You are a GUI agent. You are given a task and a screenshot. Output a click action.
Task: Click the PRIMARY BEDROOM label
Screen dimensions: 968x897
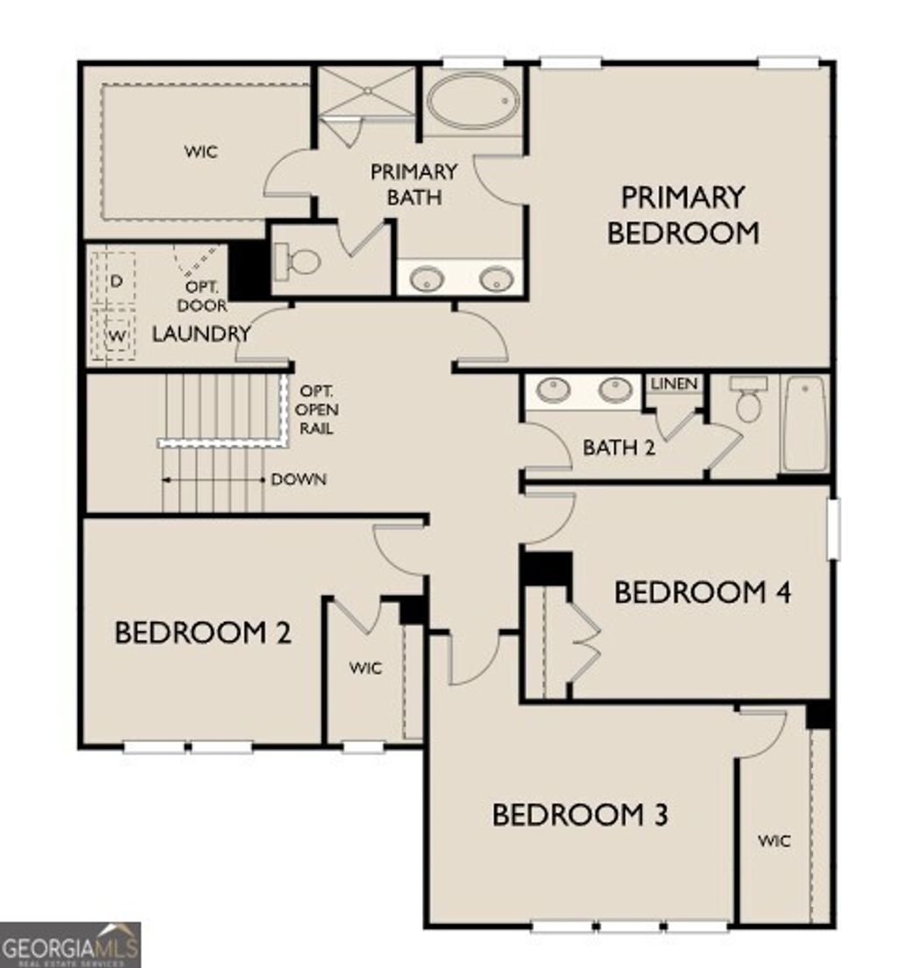[x=682, y=215]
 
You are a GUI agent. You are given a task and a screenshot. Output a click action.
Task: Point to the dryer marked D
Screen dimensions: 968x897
[x=115, y=280]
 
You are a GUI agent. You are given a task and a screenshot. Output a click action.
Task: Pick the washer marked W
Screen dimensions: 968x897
[x=115, y=336]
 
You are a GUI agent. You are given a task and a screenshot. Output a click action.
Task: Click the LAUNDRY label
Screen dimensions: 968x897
[x=201, y=334]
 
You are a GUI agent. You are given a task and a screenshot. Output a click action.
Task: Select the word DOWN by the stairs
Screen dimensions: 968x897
[x=299, y=479]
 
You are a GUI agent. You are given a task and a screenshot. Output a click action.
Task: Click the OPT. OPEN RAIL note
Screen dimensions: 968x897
[x=316, y=409]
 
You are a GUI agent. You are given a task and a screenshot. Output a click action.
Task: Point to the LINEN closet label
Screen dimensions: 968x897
[x=675, y=384]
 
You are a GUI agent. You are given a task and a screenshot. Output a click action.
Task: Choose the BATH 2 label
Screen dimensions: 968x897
[x=619, y=448]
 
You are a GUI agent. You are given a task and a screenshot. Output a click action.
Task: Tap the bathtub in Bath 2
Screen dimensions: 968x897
[x=803, y=423]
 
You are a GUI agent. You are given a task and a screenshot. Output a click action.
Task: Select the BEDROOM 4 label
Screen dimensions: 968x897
[x=703, y=592]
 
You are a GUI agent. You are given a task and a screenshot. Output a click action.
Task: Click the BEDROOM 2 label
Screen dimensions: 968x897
[x=202, y=632]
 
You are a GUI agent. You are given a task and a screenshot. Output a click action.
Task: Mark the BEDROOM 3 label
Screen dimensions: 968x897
[x=580, y=815]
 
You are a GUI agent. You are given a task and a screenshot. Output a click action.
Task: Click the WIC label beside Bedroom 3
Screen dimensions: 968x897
[x=774, y=841]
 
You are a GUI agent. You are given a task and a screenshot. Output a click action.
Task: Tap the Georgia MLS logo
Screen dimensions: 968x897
[x=70, y=945]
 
